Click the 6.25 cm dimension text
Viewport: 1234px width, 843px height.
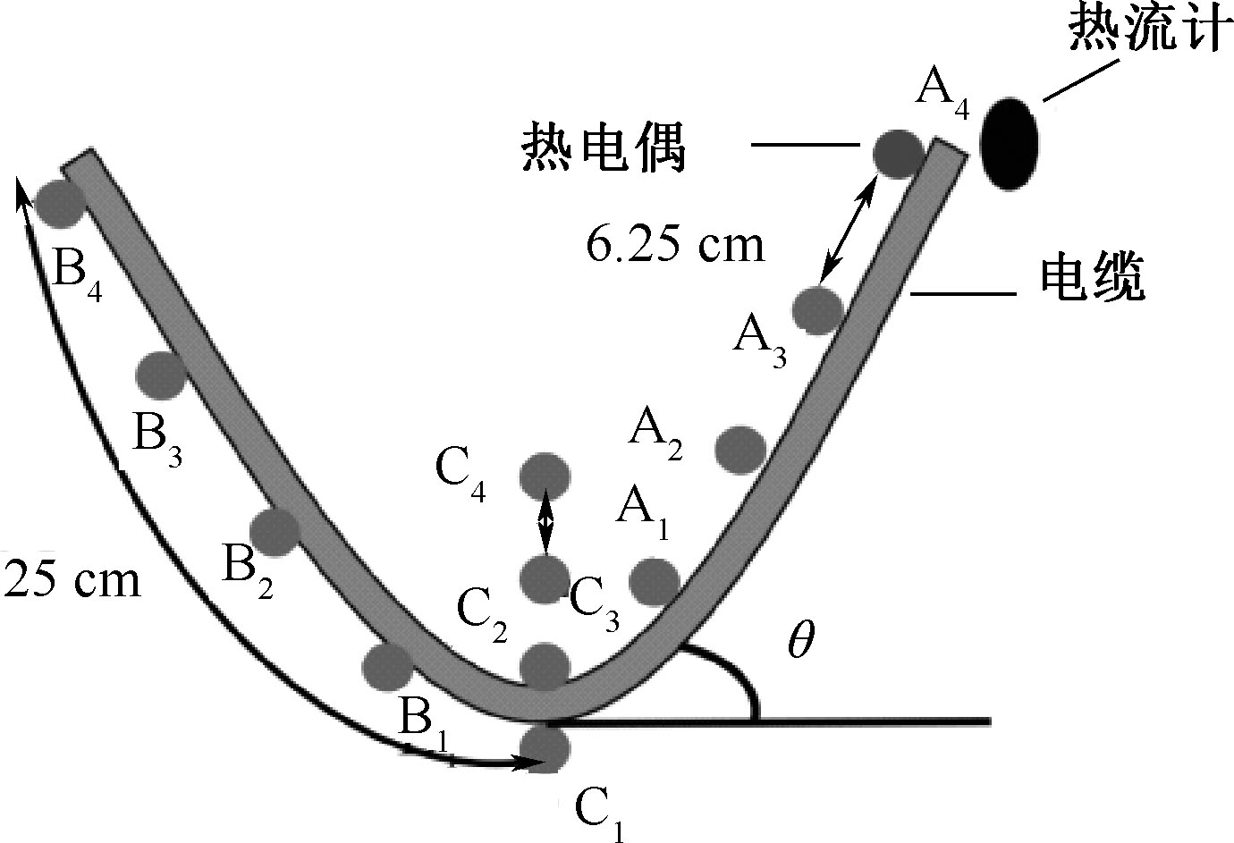pos(676,243)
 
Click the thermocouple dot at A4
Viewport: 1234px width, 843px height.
pos(897,152)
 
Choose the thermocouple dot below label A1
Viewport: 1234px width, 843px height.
pos(655,581)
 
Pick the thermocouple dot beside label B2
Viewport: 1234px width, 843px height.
pos(275,531)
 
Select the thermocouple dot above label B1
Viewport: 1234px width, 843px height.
pos(388,663)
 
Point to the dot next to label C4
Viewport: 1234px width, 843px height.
pos(545,476)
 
